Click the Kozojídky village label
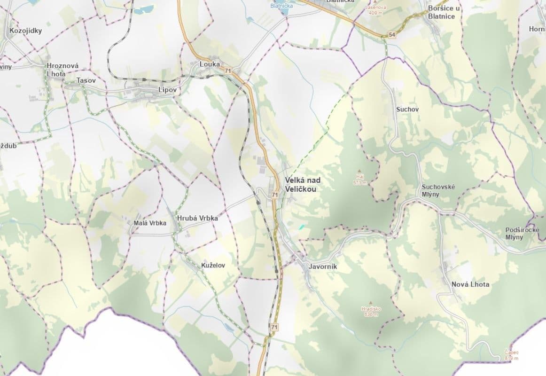coord(25,31)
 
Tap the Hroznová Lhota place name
coord(62,70)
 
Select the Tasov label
coord(86,80)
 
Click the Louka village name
coord(210,64)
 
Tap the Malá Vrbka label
coord(150,223)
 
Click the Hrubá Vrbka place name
coord(197,218)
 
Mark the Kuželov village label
coord(213,266)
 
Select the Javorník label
coord(323,266)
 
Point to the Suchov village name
coord(407,109)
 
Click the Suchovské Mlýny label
coord(438,190)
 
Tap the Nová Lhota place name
coord(470,284)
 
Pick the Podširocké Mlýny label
coord(521,234)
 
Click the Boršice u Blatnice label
coord(444,12)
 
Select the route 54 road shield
coord(392,35)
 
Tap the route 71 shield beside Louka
coord(228,70)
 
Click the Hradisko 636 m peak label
coord(371,311)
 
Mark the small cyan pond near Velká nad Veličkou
coord(301,227)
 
